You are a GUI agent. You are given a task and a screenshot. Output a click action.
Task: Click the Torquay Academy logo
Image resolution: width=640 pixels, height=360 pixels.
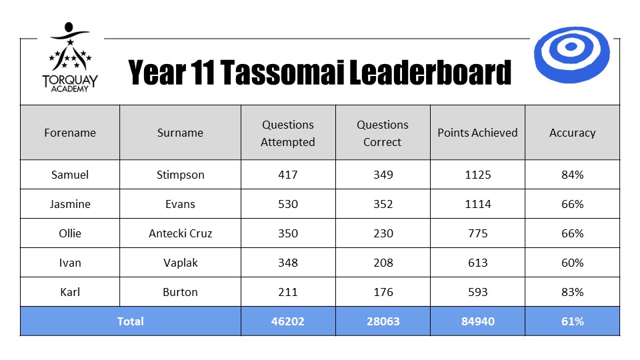[70, 57]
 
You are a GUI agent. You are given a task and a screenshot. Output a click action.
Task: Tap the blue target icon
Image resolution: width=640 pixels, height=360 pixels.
[571, 55]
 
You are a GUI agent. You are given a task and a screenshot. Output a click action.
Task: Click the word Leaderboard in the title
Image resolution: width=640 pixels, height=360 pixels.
[430, 73]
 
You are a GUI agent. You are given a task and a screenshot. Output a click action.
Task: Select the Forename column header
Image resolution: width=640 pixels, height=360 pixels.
[70, 133]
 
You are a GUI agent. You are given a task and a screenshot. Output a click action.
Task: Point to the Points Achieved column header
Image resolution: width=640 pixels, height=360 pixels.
[477, 133]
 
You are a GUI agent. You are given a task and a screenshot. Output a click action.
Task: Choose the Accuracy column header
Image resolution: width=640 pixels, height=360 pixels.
[572, 133]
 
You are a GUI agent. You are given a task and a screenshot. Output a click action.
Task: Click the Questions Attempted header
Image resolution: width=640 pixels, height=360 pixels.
[288, 133]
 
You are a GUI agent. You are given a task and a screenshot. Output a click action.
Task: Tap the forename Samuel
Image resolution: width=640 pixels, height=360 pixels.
[70, 175]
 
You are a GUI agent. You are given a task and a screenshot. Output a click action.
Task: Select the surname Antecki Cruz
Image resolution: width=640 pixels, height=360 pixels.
[181, 233]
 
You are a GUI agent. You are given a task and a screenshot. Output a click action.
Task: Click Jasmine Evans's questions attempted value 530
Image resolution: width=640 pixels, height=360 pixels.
[288, 204]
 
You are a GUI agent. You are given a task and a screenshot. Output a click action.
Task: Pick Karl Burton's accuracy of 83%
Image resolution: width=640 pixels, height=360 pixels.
[572, 292]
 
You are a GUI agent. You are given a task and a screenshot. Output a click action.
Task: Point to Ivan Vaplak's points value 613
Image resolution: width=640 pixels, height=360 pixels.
[477, 263]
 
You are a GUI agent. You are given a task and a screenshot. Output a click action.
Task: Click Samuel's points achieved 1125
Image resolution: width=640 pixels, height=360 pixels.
[477, 175]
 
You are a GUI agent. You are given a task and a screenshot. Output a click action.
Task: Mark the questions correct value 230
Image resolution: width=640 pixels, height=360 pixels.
[383, 233]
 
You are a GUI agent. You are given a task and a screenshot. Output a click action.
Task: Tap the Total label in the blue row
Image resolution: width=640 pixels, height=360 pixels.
[130, 321]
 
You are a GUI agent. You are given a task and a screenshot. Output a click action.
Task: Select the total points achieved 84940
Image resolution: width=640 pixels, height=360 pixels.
[477, 321]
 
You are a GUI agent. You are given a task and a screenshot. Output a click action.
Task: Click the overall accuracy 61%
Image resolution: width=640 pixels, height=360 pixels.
[572, 321]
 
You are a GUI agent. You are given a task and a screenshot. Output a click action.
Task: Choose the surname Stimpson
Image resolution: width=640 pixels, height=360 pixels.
[181, 175]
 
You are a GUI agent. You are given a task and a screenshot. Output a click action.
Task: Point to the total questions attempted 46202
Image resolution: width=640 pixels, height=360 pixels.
[288, 321]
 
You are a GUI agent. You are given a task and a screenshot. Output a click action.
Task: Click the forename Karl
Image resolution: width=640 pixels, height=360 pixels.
[70, 292]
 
